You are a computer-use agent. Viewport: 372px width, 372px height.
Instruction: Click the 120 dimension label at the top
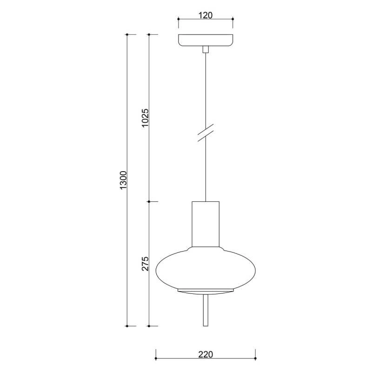[206, 15]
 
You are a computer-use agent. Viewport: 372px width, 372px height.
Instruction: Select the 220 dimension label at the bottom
[206, 354]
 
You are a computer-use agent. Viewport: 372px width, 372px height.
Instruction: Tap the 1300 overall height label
[124, 180]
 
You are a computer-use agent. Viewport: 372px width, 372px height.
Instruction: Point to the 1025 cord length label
[145, 118]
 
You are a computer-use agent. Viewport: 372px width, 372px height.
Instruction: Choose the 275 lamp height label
[145, 264]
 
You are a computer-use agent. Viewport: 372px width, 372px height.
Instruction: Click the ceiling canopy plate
[206, 40]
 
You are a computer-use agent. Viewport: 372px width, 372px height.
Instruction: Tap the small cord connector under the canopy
[206, 49]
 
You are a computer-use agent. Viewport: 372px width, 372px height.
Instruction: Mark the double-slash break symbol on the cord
[206, 133]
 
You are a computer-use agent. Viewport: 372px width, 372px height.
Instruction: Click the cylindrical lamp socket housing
[206, 224]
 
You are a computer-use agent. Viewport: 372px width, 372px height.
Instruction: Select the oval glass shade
[206, 269]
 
